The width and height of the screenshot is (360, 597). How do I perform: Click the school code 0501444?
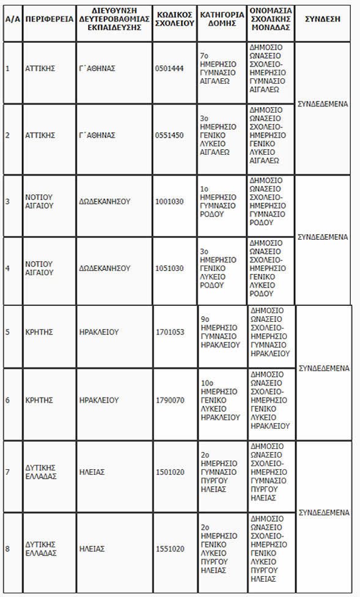169,68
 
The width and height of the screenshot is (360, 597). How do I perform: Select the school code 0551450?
169,135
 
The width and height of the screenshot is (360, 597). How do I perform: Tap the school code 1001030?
169,201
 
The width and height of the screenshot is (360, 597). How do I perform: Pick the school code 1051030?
169,268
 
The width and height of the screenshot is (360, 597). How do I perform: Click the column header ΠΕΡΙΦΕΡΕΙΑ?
48,19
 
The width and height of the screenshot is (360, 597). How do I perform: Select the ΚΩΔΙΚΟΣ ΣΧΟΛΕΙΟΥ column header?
174,19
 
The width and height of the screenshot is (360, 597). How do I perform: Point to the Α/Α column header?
12,19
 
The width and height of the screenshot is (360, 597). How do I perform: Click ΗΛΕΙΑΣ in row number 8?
92,549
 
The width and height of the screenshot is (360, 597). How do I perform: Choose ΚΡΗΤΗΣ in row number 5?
39,332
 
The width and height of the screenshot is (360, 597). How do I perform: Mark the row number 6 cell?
7,400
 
